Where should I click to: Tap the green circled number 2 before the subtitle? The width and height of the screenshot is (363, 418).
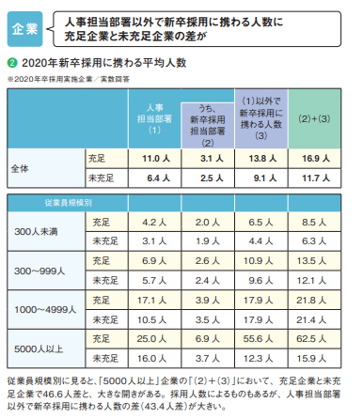[x=11, y=62]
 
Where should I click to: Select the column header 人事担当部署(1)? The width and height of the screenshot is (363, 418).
[x=154, y=120]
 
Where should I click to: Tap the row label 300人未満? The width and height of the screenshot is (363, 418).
[x=34, y=231]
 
